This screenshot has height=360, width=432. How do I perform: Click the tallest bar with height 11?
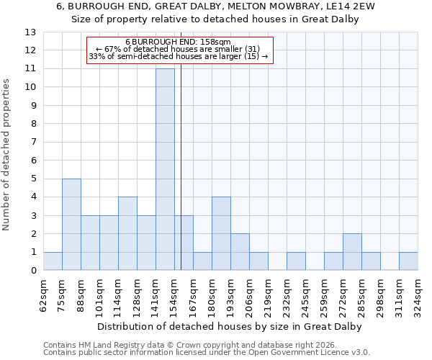pos(165,169)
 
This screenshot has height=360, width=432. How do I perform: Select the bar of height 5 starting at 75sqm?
pos(71,224)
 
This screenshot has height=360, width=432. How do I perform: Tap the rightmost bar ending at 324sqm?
pos(408,261)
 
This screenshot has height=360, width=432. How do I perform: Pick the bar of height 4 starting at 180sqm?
pos(221,233)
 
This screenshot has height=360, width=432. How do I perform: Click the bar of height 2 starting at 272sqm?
pos(352,252)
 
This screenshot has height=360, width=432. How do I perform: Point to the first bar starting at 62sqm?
pos(53,261)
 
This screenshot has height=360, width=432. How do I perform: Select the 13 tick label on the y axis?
pos(30,32)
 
